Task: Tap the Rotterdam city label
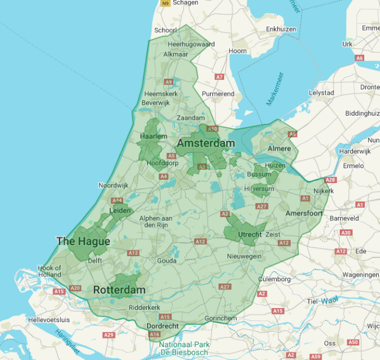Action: click(119, 290)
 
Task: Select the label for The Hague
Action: click(83, 240)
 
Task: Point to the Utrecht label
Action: click(250, 235)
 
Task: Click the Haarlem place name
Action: click(154, 137)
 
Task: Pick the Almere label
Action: click(279, 149)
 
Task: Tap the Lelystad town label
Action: click(321, 93)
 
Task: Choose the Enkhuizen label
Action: click(281, 29)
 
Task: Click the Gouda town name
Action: click(166, 261)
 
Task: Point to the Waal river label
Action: click(330, 300)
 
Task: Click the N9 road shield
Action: click(165, 4)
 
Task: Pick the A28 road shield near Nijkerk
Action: click(330, 180)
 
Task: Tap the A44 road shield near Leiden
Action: click(117, 200)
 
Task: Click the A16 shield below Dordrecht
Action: click(154, 334)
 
